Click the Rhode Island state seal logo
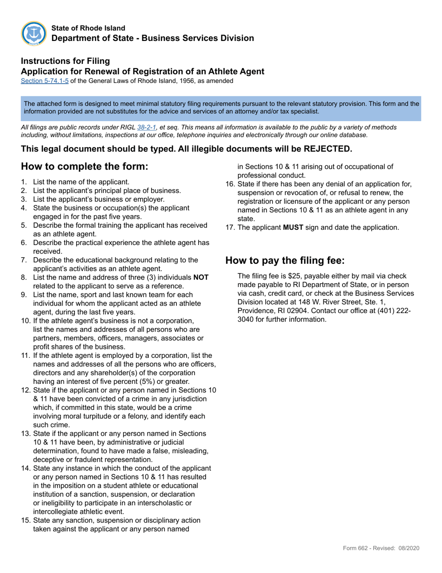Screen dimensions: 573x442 point(33,34)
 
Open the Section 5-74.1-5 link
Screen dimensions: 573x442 point(45,81)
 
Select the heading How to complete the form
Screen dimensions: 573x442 point(85,167)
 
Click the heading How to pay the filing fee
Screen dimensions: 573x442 point(285,260)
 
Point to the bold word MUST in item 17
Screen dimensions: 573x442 point(293,227)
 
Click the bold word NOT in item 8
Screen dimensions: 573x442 point(201,277)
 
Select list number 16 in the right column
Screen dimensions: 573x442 point(230,184)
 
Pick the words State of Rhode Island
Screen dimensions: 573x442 point(88,28)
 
